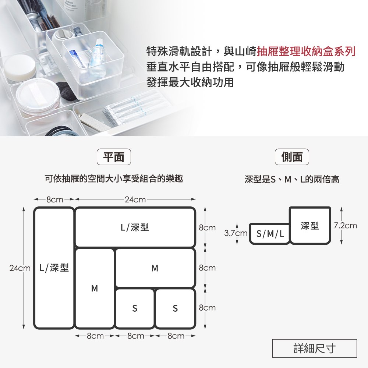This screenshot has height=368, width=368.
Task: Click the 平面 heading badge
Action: pyautogui.click(x=114, y=157)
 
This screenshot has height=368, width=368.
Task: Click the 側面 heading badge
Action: pyautogui.click(x=292, y=157)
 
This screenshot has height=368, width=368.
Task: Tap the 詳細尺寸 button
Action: pyautogui.click(x=315, y=348)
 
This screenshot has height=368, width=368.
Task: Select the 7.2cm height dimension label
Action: pyautogui.click(x=346, y=226)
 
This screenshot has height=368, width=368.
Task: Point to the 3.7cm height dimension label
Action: pyautogui.click(x=236, y=233)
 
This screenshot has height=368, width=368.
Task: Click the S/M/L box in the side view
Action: pyautogui.click(x=270, y=234)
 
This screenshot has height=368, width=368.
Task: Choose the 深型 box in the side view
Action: pyautogui.click(x=310, y=226)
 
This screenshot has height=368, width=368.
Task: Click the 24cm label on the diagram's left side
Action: pyautogui.click(x=20, y=268)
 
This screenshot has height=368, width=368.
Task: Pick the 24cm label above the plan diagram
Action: pyautogui.click(x=135, y=200)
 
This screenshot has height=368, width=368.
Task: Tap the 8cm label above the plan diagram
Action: pyautogui.click(x=55, y=200)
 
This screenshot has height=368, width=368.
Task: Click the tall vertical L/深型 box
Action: pyautogui.click(x=54, y=268)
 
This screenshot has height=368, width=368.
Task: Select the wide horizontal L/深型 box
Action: pyautogui.click(x=135, y=227)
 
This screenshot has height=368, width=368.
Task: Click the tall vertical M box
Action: pyautogui.click(x=95, y=288)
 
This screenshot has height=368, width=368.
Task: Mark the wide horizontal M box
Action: pyautogui.click(x=155, y=268)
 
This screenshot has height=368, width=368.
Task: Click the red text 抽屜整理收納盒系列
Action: pyautogui.click(x=306, y=52)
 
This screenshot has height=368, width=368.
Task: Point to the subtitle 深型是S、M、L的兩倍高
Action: pyautogui.click(x=292, y=180)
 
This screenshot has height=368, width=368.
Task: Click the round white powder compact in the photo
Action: pyautogui.click(x=38, y=96)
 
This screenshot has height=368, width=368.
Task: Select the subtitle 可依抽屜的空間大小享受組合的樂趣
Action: pyautogui.click(x=114, y=179)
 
